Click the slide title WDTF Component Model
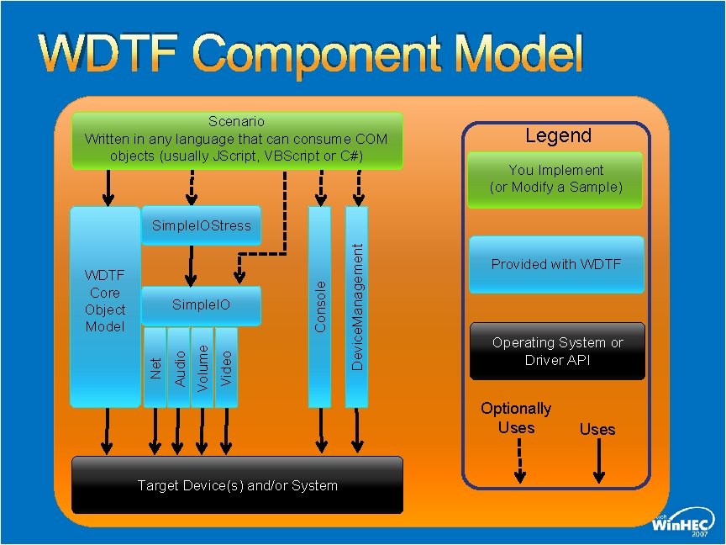pyautogui.click(x=311, y=55)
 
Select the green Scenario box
pyautogui.click(x=237, y=140)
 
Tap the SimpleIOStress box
pyautogui.click(x=202, y=225)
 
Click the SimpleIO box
pyautogui.click(x=202, y=304)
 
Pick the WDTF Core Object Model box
pyautogui.click(x=104, y=301)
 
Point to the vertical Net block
pyautogui.click(x=155, y=368)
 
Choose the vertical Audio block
pyautogui.click(x=179, y=368)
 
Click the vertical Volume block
pyautogui.click(x=203, y=368)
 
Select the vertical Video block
pyautogui.click(x=226, y=368)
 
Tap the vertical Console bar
pyautogui.click(x=319, y=306)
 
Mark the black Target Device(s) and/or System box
pyautogui.click(x=237, y=485)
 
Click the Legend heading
pyautogui.click(x=558, y=135)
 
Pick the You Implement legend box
pyautogui.click(x=556, y=179)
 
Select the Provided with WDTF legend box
pyautogui.click(x=556, y=264)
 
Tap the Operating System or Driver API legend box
pyautogui.click(x=558, y=351)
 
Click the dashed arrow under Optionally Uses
pyautogui.click(x=520, y=461)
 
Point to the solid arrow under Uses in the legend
pyautogui.click(x=597, y=461)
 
